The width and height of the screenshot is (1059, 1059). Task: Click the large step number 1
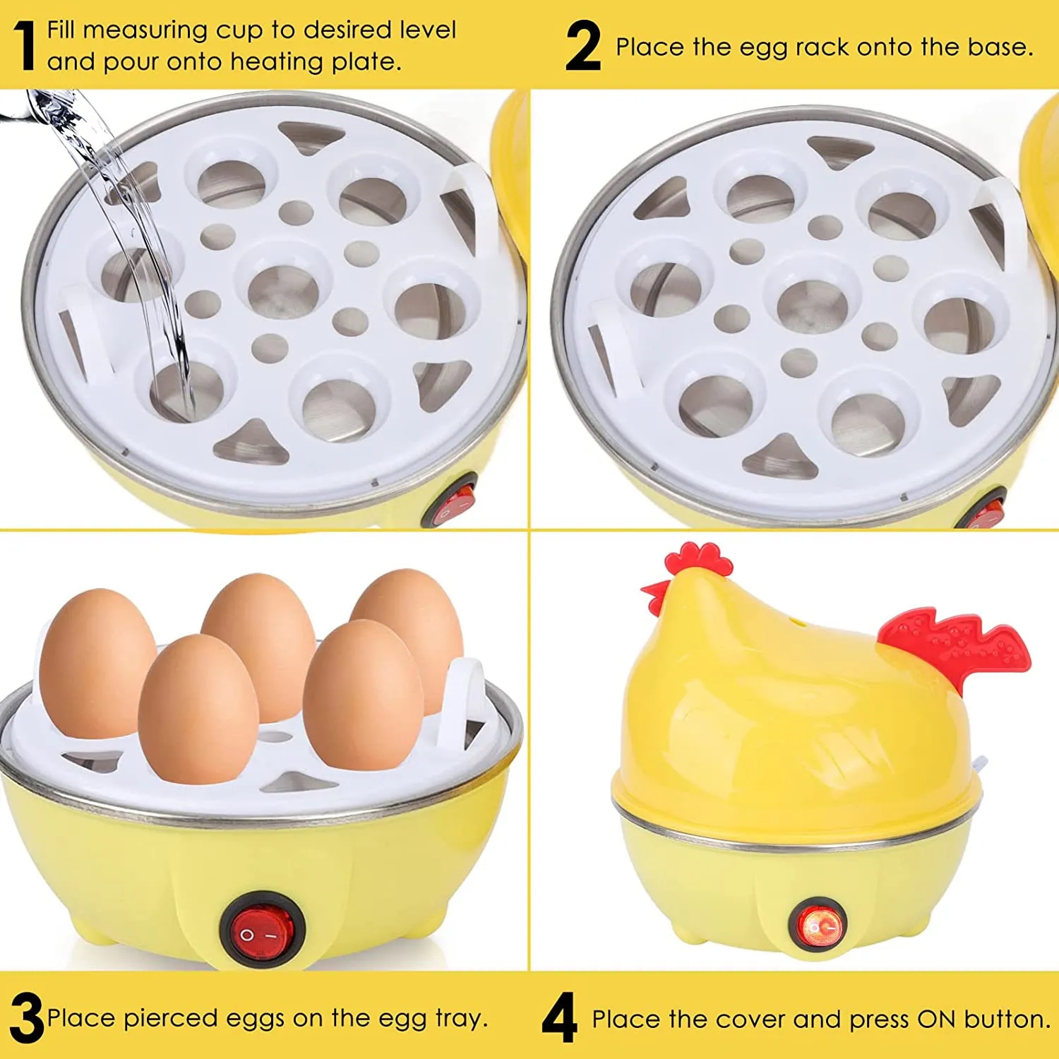(x=25, y=46)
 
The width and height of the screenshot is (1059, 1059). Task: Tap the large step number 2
(x=583, y=47)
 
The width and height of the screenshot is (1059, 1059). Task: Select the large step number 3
(x=26, y=1017)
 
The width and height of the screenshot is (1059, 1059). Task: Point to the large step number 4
(x=559, y=1018)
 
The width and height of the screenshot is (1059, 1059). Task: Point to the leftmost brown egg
(x=97, y=664)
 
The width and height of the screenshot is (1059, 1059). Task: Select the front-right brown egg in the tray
(x=363, y=702)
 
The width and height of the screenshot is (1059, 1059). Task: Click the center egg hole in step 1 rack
(x=283, y=289)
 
